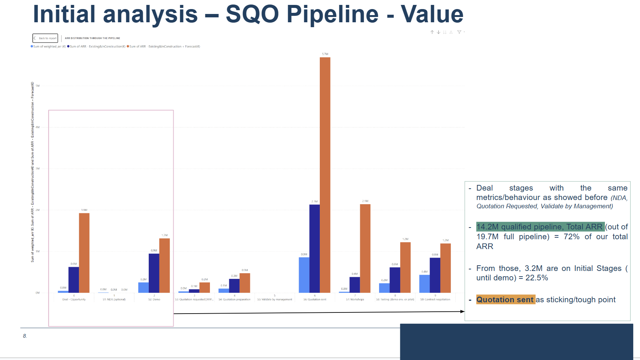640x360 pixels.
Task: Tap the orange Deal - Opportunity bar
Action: (84, 253)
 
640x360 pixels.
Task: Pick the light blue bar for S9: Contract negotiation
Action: (424, 283)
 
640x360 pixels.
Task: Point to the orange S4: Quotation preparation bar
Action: (245, 283)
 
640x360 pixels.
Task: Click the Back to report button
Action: (45, 38)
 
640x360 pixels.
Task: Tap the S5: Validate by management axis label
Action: (275, 299)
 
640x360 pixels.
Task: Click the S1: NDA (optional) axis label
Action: (114, 299)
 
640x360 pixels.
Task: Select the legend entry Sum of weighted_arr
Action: (48, 46)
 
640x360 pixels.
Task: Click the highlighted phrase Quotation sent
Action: (505, 300)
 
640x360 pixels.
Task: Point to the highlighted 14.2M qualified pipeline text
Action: (540, 227)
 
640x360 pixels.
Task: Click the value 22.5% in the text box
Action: (537, 278)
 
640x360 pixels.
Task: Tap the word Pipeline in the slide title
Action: (332, 14)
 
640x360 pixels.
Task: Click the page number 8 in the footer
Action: (25, 336)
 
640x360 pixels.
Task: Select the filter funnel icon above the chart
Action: (459, 32)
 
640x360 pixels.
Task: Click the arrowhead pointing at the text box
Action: (463, 311)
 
